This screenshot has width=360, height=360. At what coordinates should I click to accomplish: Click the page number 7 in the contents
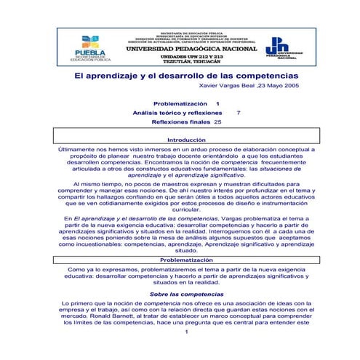tap(239, 113)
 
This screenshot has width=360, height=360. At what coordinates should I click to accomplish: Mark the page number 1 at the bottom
tap(187, 332)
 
